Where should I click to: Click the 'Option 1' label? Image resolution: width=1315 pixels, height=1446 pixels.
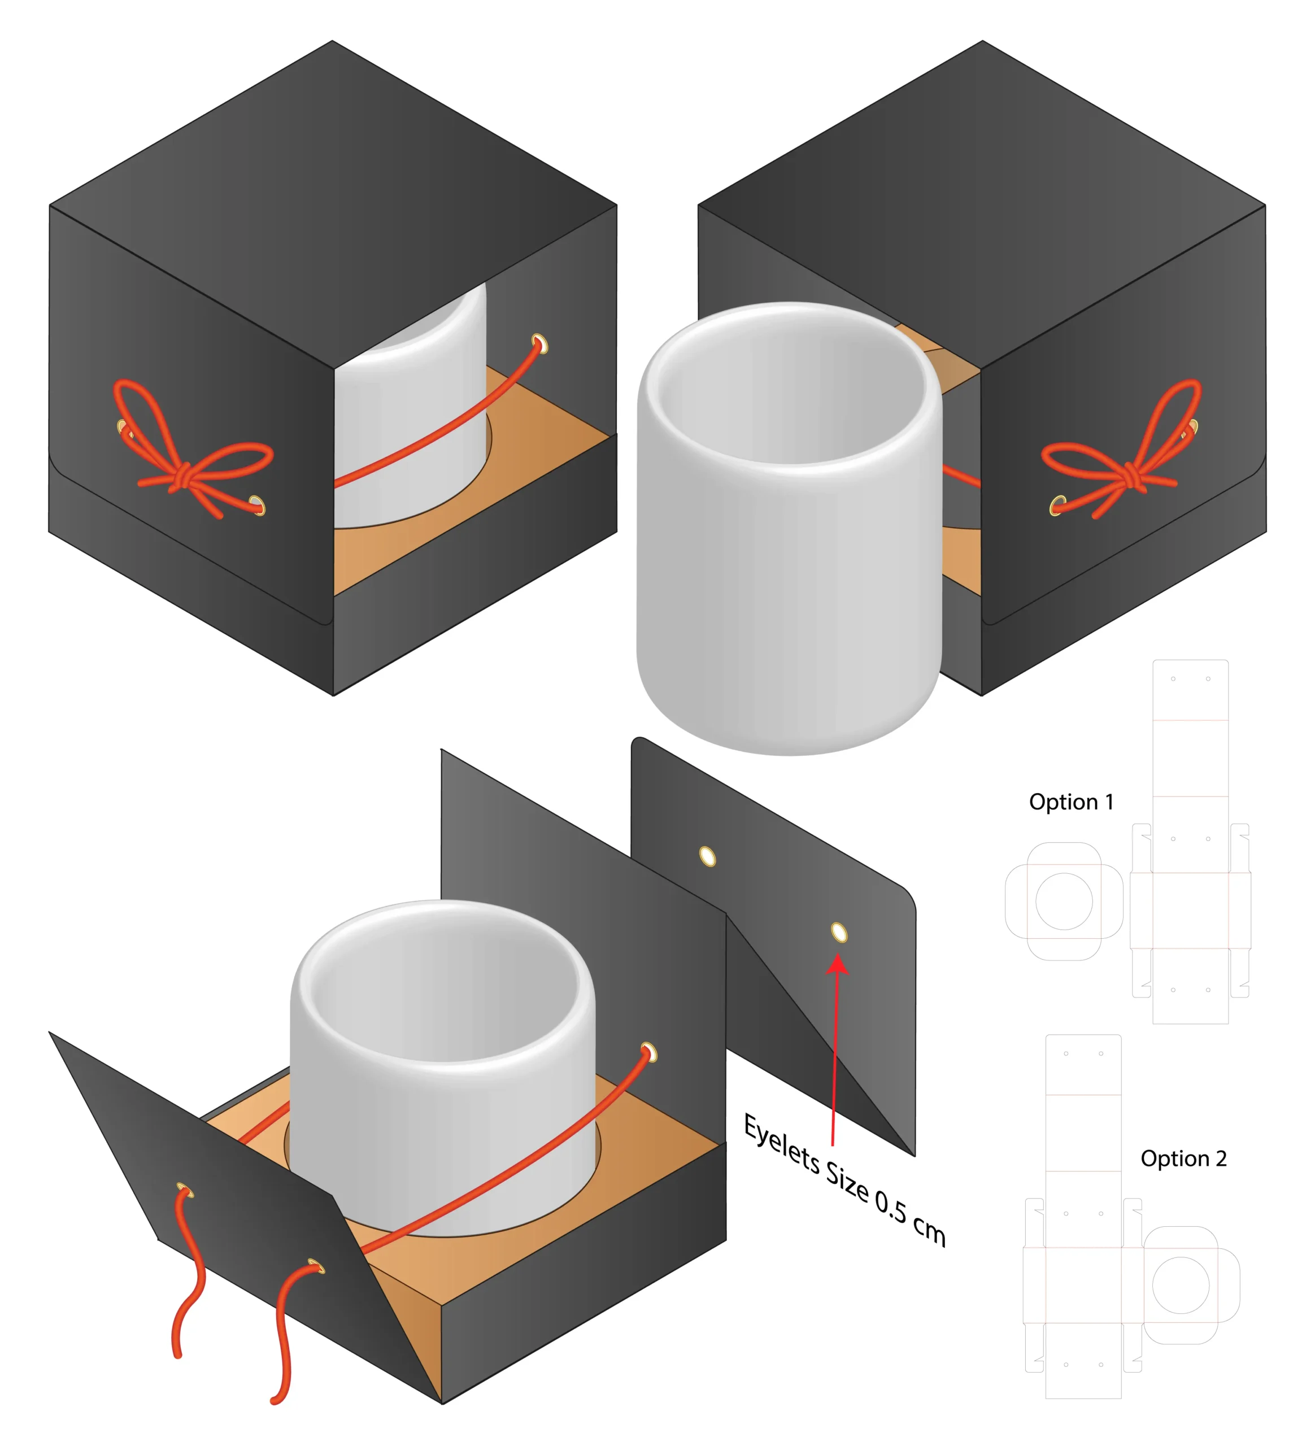(x=1070, y=802)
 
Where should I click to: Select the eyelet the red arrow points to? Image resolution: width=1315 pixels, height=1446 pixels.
(x=839, y=933)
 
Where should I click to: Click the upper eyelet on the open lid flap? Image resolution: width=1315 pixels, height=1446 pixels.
(x=707, y=856)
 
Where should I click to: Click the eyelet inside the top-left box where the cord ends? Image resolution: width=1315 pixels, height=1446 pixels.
(x=540, y=345)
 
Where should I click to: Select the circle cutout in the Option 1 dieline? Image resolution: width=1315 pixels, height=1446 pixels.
(x=1064, y=901)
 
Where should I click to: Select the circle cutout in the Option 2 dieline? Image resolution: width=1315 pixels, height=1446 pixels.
(x=1180, y=1286)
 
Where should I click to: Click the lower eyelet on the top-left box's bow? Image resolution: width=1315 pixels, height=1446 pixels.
(x=258, y=506)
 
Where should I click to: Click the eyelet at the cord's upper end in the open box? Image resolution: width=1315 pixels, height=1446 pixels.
(x=648, y=1052)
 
